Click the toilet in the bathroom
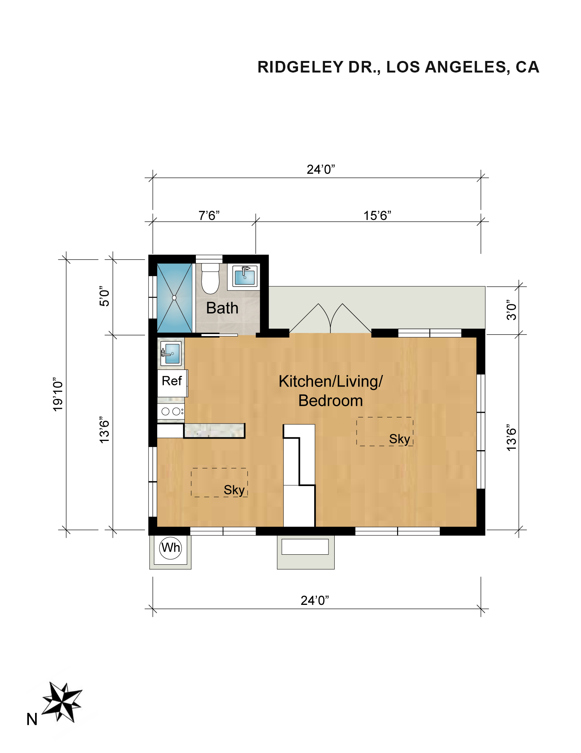[210, 279]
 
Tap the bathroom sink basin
[244, 276]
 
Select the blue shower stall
[174, 298]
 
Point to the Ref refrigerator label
[172, 381]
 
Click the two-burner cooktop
[170, 411]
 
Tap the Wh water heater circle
[170, 548]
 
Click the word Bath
[222, 308]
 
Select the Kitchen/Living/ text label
[330, 382]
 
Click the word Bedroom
[331, 401]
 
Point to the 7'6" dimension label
[209, 215]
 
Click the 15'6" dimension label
[377, 215]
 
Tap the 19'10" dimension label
[57, 394]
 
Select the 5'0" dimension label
[104, 296]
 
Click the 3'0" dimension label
[511, 310]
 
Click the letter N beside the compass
[32, 720]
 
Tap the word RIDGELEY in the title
[301, 67]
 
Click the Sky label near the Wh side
[234, 490]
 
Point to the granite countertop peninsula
[214, 431]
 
